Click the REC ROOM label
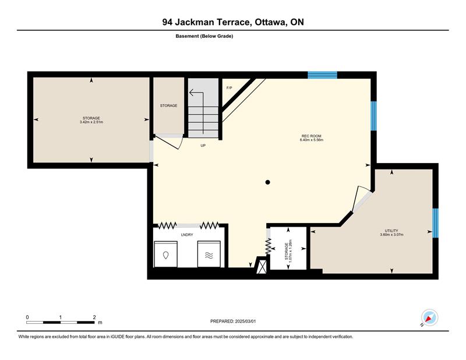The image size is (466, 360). pos(312,136)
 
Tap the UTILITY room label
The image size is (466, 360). pos(391,231)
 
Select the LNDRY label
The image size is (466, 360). pos(187,235)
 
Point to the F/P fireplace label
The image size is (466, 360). pos(229,88)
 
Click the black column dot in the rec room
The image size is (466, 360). pos(267,182)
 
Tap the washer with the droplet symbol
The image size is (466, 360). pos(165,254)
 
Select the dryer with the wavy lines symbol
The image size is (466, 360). pos(209,254)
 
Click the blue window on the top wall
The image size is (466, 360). pos(323,75)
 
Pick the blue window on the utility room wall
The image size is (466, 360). pos(435,223)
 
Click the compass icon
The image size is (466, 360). pos(429,318)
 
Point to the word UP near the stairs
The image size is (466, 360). pos(203,146)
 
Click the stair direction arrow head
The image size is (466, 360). pos(192,93)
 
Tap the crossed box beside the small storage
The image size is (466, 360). pos(262,267)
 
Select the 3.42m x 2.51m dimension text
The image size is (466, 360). pos(91,122)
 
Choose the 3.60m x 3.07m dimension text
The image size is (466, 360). pos(391,235)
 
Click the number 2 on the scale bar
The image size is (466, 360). pos(94,317)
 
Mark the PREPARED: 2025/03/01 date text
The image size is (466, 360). pos(233,321)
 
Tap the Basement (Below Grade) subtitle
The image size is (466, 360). pos(204,36)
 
